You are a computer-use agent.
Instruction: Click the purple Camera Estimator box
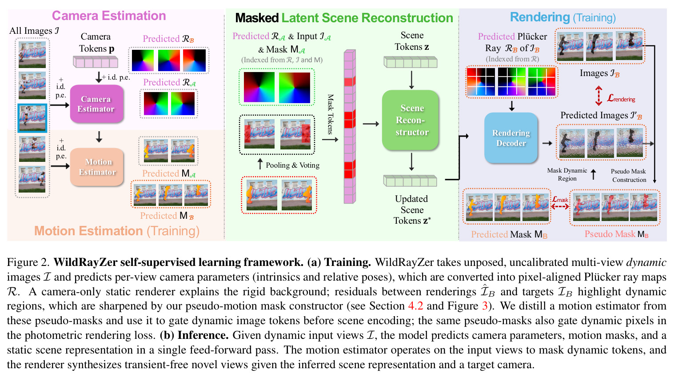[x=96, y=104]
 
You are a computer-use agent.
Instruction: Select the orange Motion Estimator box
[x=96, y=167]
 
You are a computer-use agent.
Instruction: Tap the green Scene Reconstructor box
[x=411, y=120]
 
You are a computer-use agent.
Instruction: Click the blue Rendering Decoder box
[x=511, y=138]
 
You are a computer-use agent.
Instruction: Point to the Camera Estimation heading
[x=109, y=16]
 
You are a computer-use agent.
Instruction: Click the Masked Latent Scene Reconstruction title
[x=344, y=18]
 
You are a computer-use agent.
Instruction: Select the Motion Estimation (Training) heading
[x=117, y=231]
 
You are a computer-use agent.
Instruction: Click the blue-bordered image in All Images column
[x=32, y=118]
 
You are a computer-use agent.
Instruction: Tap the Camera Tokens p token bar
[x=96, y=62]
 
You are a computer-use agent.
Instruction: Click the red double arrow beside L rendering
[x=598, y=96]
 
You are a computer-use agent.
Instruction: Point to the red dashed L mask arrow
[x=560, y=207]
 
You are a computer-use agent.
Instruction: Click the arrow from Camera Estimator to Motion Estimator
[x=99, y=137]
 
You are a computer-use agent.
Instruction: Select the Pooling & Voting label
[x=292, y=165]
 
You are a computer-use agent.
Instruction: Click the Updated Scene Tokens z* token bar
[x=410, y=181]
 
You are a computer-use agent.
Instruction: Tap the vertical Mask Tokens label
[x=331, y=114]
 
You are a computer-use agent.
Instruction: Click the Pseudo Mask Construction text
[x=629, y=175]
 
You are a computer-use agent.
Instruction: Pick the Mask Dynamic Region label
[x=567, y=174]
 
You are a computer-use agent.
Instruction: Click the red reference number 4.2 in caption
[x=415, y=306]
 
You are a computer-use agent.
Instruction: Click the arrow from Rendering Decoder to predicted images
[x=547, y=143]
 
